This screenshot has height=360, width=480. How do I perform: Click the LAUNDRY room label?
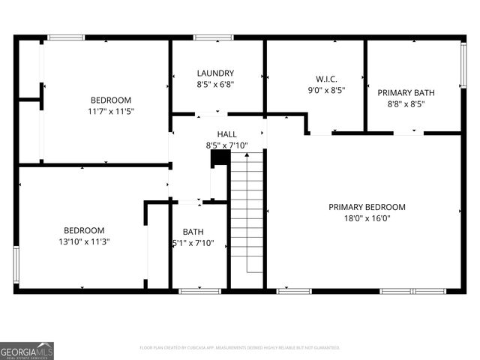[x=216, y=73]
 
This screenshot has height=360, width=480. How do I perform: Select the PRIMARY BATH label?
[x=406, y=93]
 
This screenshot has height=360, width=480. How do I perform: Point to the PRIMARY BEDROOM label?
[x=367, y=207]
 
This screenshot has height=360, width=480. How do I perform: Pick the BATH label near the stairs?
[x=193, y=232]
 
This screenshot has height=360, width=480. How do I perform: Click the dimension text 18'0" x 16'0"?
[x=367, y=219]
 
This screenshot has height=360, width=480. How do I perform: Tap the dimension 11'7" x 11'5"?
[x=111, y=112]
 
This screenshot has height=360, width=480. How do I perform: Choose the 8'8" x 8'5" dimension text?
[x=406, y=105]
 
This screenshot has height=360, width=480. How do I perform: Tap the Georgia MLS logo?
[x=27, y=350]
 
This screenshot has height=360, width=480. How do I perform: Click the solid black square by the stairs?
[x=220, y=158]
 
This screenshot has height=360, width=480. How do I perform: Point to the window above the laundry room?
[x=214, y=37]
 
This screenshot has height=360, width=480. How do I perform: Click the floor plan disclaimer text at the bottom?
[x=240, y=348]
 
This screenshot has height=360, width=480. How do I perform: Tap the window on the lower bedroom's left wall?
[x=16, y=264]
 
